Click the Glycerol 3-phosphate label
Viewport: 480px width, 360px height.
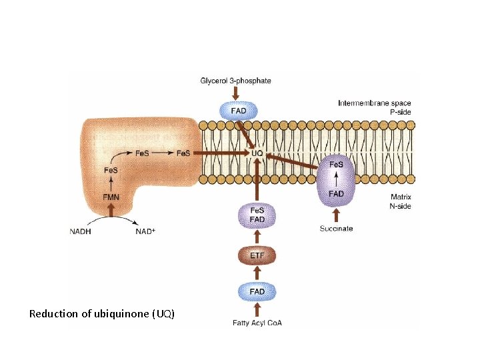point(235,81)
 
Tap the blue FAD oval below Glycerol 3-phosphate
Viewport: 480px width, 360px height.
point(239,111)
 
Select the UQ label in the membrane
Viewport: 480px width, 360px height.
point(257,153)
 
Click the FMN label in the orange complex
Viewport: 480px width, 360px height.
point(111,197)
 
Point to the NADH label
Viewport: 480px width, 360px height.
point(80,231)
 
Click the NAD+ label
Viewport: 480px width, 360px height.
point(145,231)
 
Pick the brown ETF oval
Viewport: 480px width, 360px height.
point(257,255)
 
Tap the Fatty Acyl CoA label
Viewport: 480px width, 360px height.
point(257,323)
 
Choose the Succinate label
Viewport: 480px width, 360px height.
point(336,229)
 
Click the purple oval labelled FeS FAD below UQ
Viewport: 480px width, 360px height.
point(257,215)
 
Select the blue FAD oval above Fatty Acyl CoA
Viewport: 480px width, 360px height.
point(257,292)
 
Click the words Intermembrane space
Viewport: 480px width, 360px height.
point(375,103)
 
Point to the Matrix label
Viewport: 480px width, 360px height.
point(401,197)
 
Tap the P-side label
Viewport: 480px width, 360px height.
point(401,112)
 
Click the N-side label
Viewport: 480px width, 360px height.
point(400,206)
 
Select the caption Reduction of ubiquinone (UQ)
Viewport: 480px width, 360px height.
point(101,314)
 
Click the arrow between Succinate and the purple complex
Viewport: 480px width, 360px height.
point(336,215)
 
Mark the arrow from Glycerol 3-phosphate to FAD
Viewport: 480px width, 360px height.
point(235,93)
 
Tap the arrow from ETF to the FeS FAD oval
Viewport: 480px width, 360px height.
point(257,237)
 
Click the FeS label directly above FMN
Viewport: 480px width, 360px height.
point(111,170)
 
